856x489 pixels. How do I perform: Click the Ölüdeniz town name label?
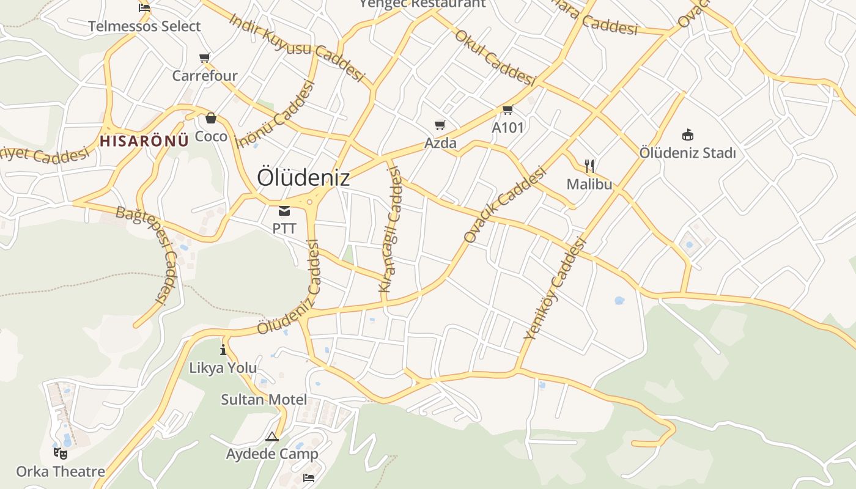click(x=303, y=177)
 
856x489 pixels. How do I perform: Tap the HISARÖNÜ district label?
click(x=144, y=141)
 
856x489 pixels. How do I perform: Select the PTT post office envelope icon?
click(x=284, y=211)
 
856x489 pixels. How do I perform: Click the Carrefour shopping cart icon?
click(x=205, y=58)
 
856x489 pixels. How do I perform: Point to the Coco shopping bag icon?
click(x=211, y=118)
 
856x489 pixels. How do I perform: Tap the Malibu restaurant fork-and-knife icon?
click(x=589, y=166)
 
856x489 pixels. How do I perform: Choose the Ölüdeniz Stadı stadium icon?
click(x=688, y=134)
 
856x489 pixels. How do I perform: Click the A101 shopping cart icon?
click(x=507, y=110)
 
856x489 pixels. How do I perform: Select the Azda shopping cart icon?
click(x=440, y=125)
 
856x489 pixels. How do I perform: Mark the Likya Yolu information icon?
click(x=223, y=350)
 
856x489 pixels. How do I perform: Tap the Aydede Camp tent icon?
click(x=272, y=436)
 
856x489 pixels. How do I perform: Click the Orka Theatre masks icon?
click(x=60, y=454)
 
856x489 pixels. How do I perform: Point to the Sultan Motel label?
click(x=264, y=400)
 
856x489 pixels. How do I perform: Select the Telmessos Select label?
click(x=144, y=26)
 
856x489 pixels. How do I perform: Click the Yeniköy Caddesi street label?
click(x=555, y=289)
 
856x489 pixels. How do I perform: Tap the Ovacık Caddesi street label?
click(x=504, y=205)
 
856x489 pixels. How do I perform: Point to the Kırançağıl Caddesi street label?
click(x=391, y=229)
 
